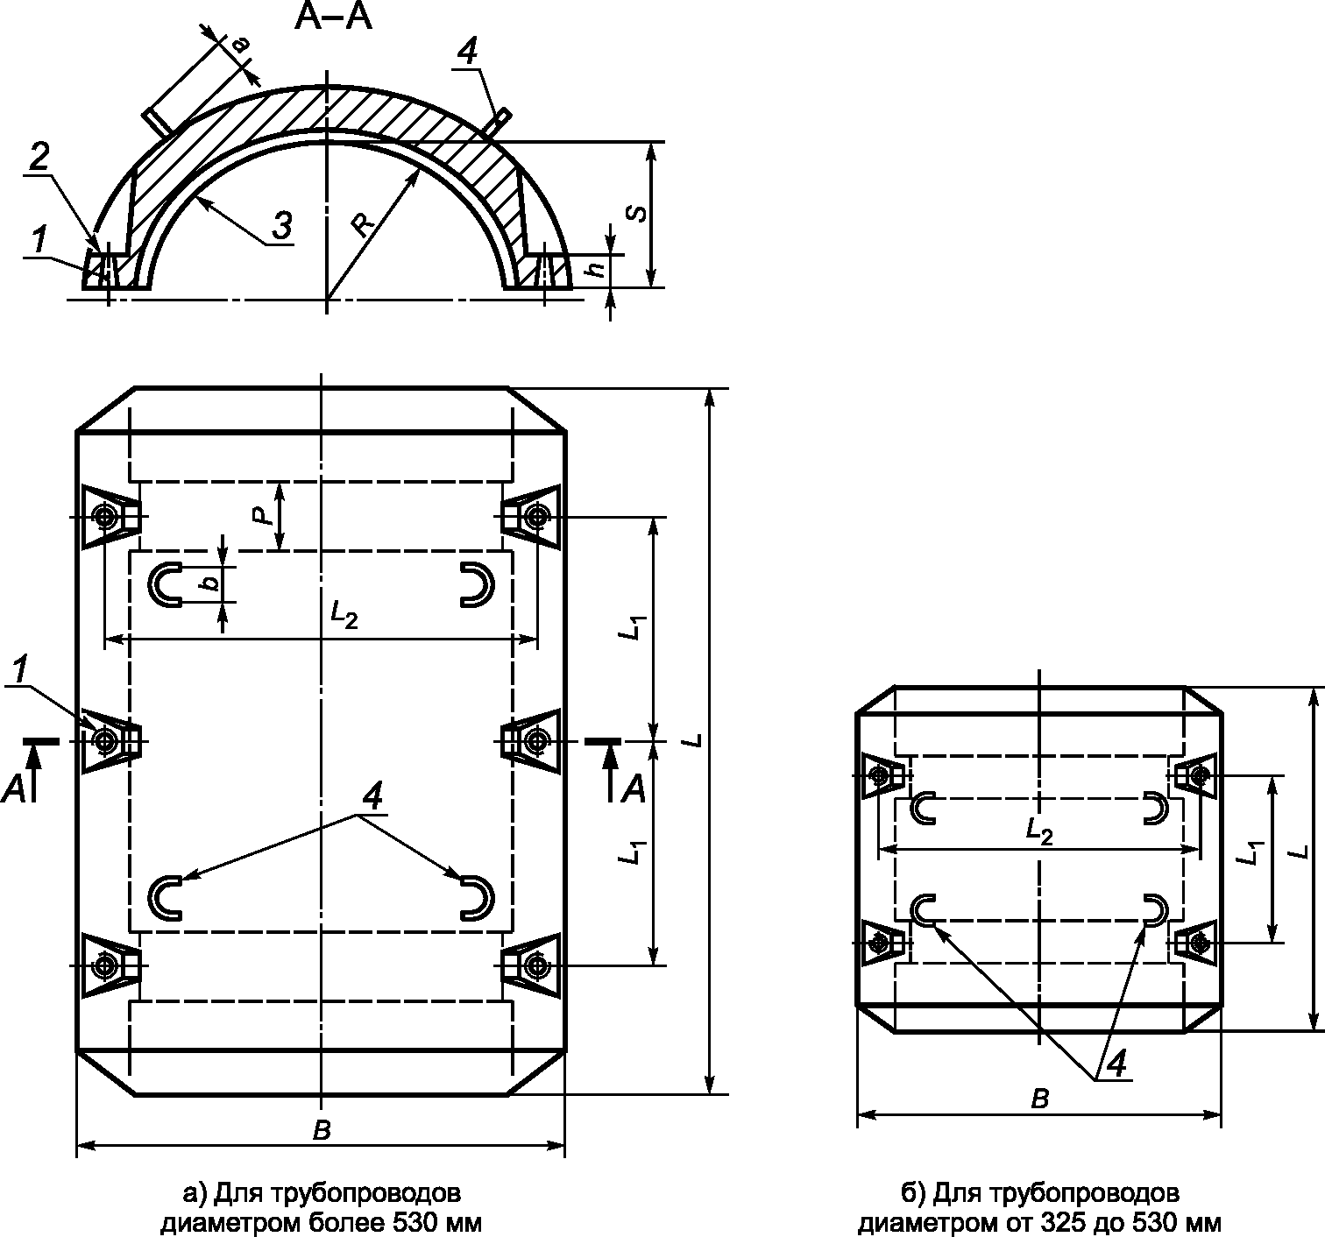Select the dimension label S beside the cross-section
coord(636,214)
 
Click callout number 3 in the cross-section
coord(282,225)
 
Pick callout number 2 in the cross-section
coord(39,158)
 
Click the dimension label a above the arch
coord(241,45)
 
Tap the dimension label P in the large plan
coord(265,515)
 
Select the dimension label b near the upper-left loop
coord(211,583)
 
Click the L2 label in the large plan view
coord(344,615)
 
